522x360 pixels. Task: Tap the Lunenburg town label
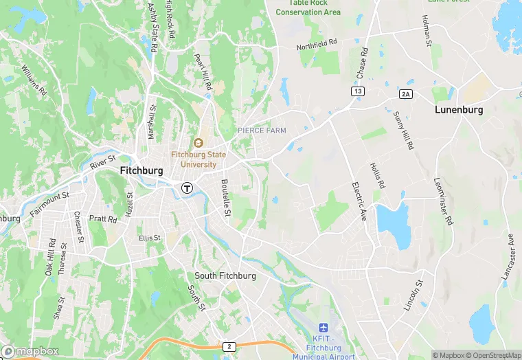(459, 109)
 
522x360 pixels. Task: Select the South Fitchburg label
(225, 275)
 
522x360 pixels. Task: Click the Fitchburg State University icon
(198, 143)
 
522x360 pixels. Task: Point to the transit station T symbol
(186, 188)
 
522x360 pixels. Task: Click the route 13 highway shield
(358, 91)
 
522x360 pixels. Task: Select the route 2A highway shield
(405, 93)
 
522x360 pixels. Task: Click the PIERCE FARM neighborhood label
(262, 131)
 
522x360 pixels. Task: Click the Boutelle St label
(225, 198)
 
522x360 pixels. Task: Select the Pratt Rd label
(103, 220)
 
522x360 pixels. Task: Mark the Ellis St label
(149, 238)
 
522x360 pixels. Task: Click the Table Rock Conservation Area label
(308, 8)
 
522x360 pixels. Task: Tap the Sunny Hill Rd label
(403, 131)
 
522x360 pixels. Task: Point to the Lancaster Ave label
(508, 256)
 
